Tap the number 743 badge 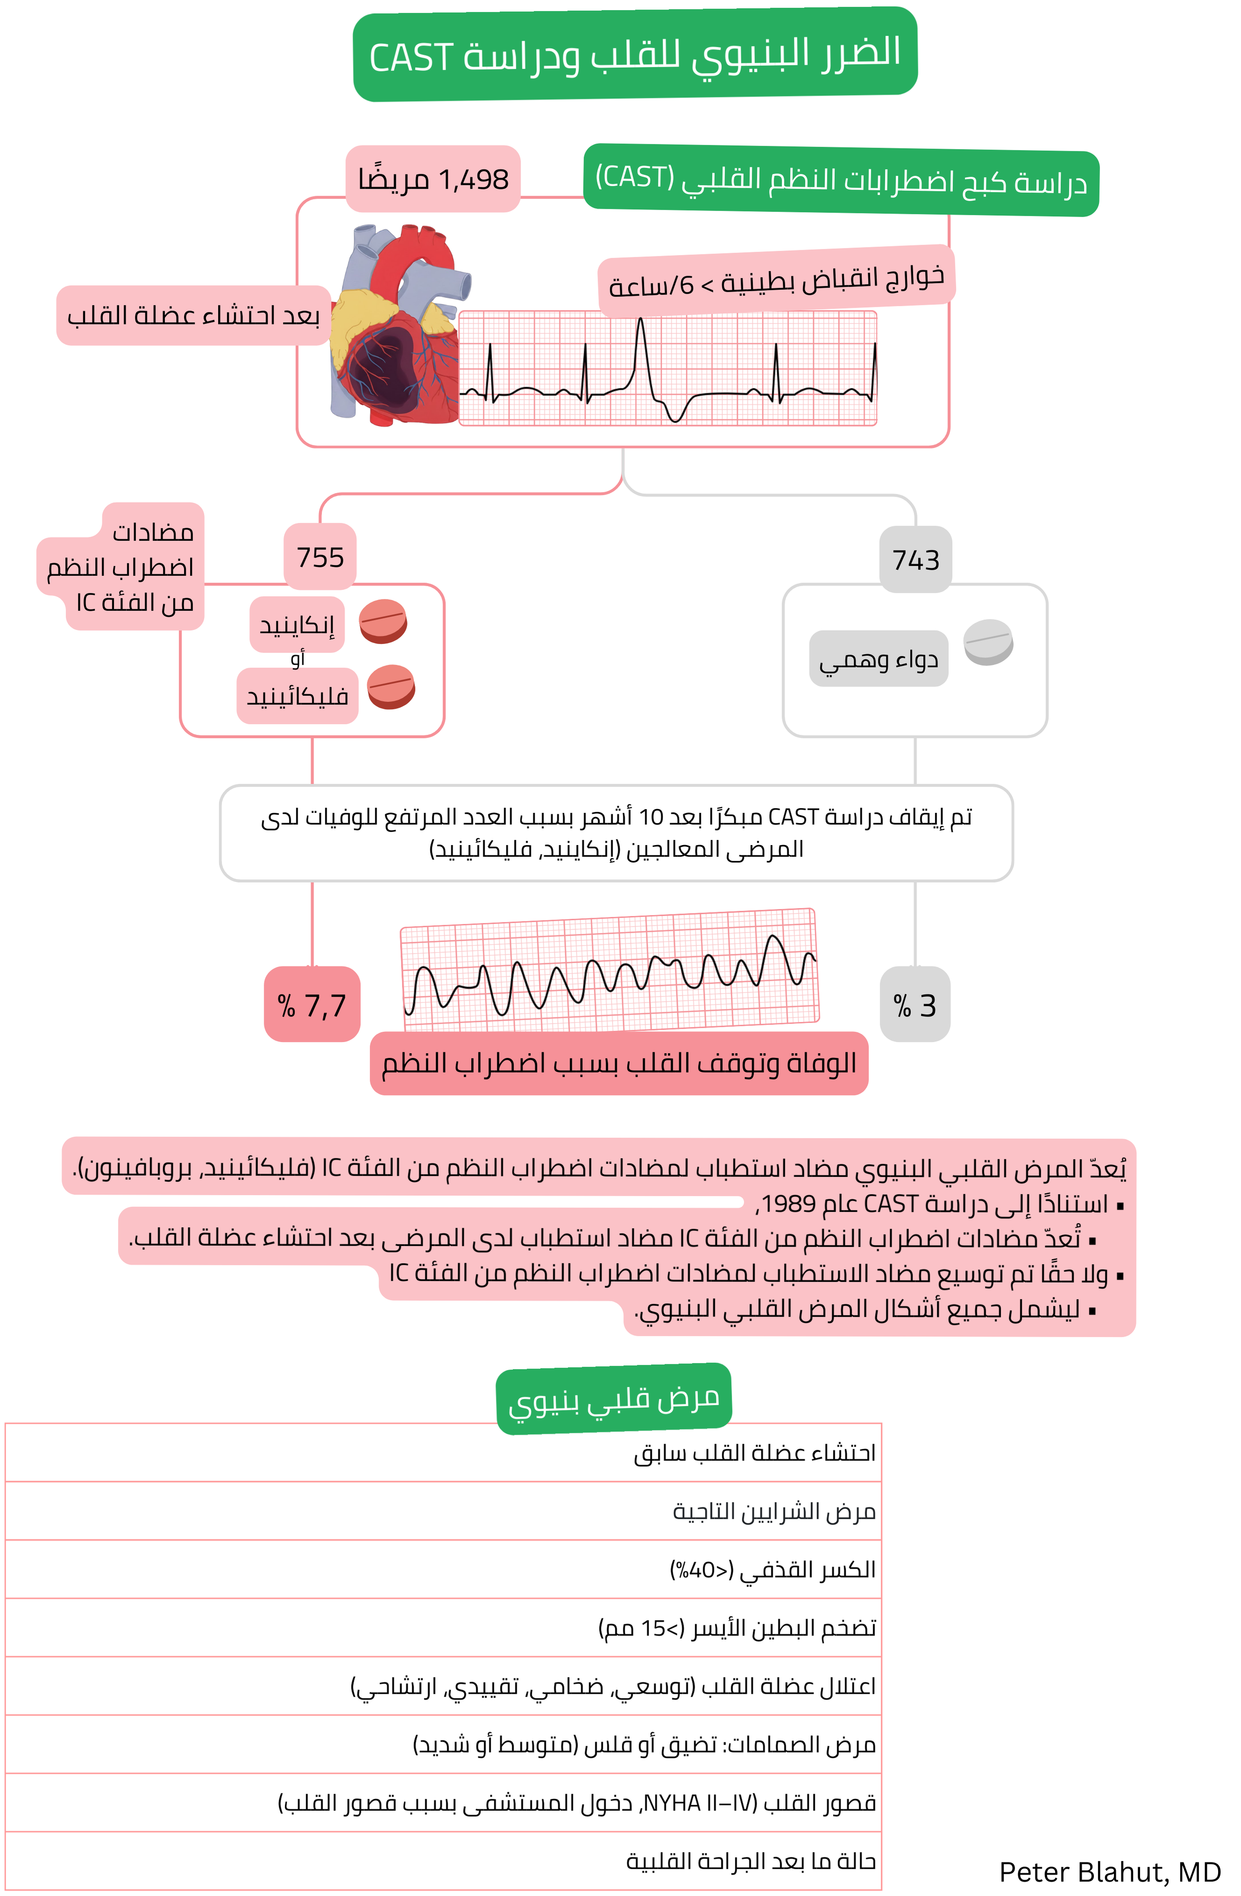pos(916,560)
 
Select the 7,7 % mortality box pos(312,1005)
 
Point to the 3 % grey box pos(915,1005)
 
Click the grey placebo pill pos(988,641)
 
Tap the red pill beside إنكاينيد pos(383,621)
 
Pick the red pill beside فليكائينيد pos(391,687)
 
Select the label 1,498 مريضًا pos(433,179)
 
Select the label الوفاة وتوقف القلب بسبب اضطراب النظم pos(619,1064)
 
